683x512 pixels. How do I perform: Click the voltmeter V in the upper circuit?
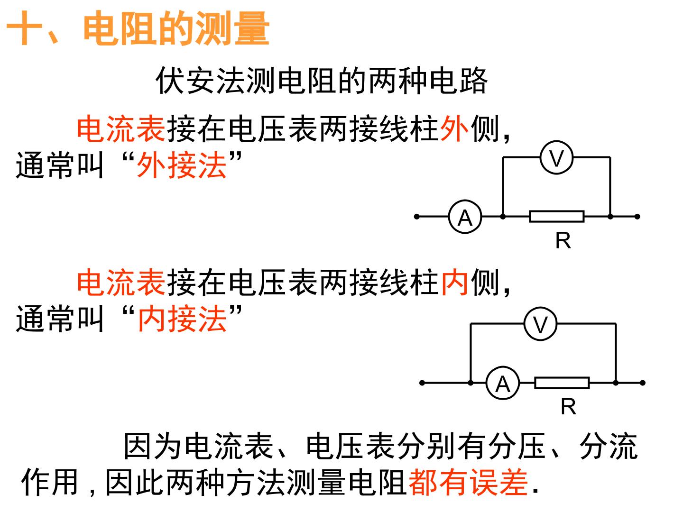click(x=556, y=157)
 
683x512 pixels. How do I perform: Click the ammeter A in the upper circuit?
click(x=465, y=217)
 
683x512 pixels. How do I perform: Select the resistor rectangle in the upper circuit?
click(x=557, y=216)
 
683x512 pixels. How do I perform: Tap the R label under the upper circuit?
click(x=563, y=241)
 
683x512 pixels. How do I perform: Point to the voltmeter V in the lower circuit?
click(x=541, y=324)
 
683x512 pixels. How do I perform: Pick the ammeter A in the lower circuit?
click(x=502, y=383)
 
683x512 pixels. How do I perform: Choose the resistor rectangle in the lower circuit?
click(x=562, y=383)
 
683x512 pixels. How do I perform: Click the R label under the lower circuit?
click(x=569, y=407)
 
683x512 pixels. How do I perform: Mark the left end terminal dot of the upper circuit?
click(x=417, y=217)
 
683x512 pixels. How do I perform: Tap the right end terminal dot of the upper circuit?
click(x=637, y=217)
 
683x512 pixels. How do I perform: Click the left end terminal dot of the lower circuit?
click(x=422, y=383)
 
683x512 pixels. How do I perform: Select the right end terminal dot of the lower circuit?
click(x=643, y=383)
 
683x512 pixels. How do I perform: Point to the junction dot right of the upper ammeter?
click(x=503, y=217)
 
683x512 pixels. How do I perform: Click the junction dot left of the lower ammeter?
click(x=471, y=383)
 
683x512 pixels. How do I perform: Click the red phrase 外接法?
click(x=182, y=166)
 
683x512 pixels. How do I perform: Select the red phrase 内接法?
click(x=182, y=319)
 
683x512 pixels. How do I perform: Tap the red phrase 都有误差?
click(x=468, y=483)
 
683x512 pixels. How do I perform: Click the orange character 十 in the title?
click(x=24, y=28)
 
